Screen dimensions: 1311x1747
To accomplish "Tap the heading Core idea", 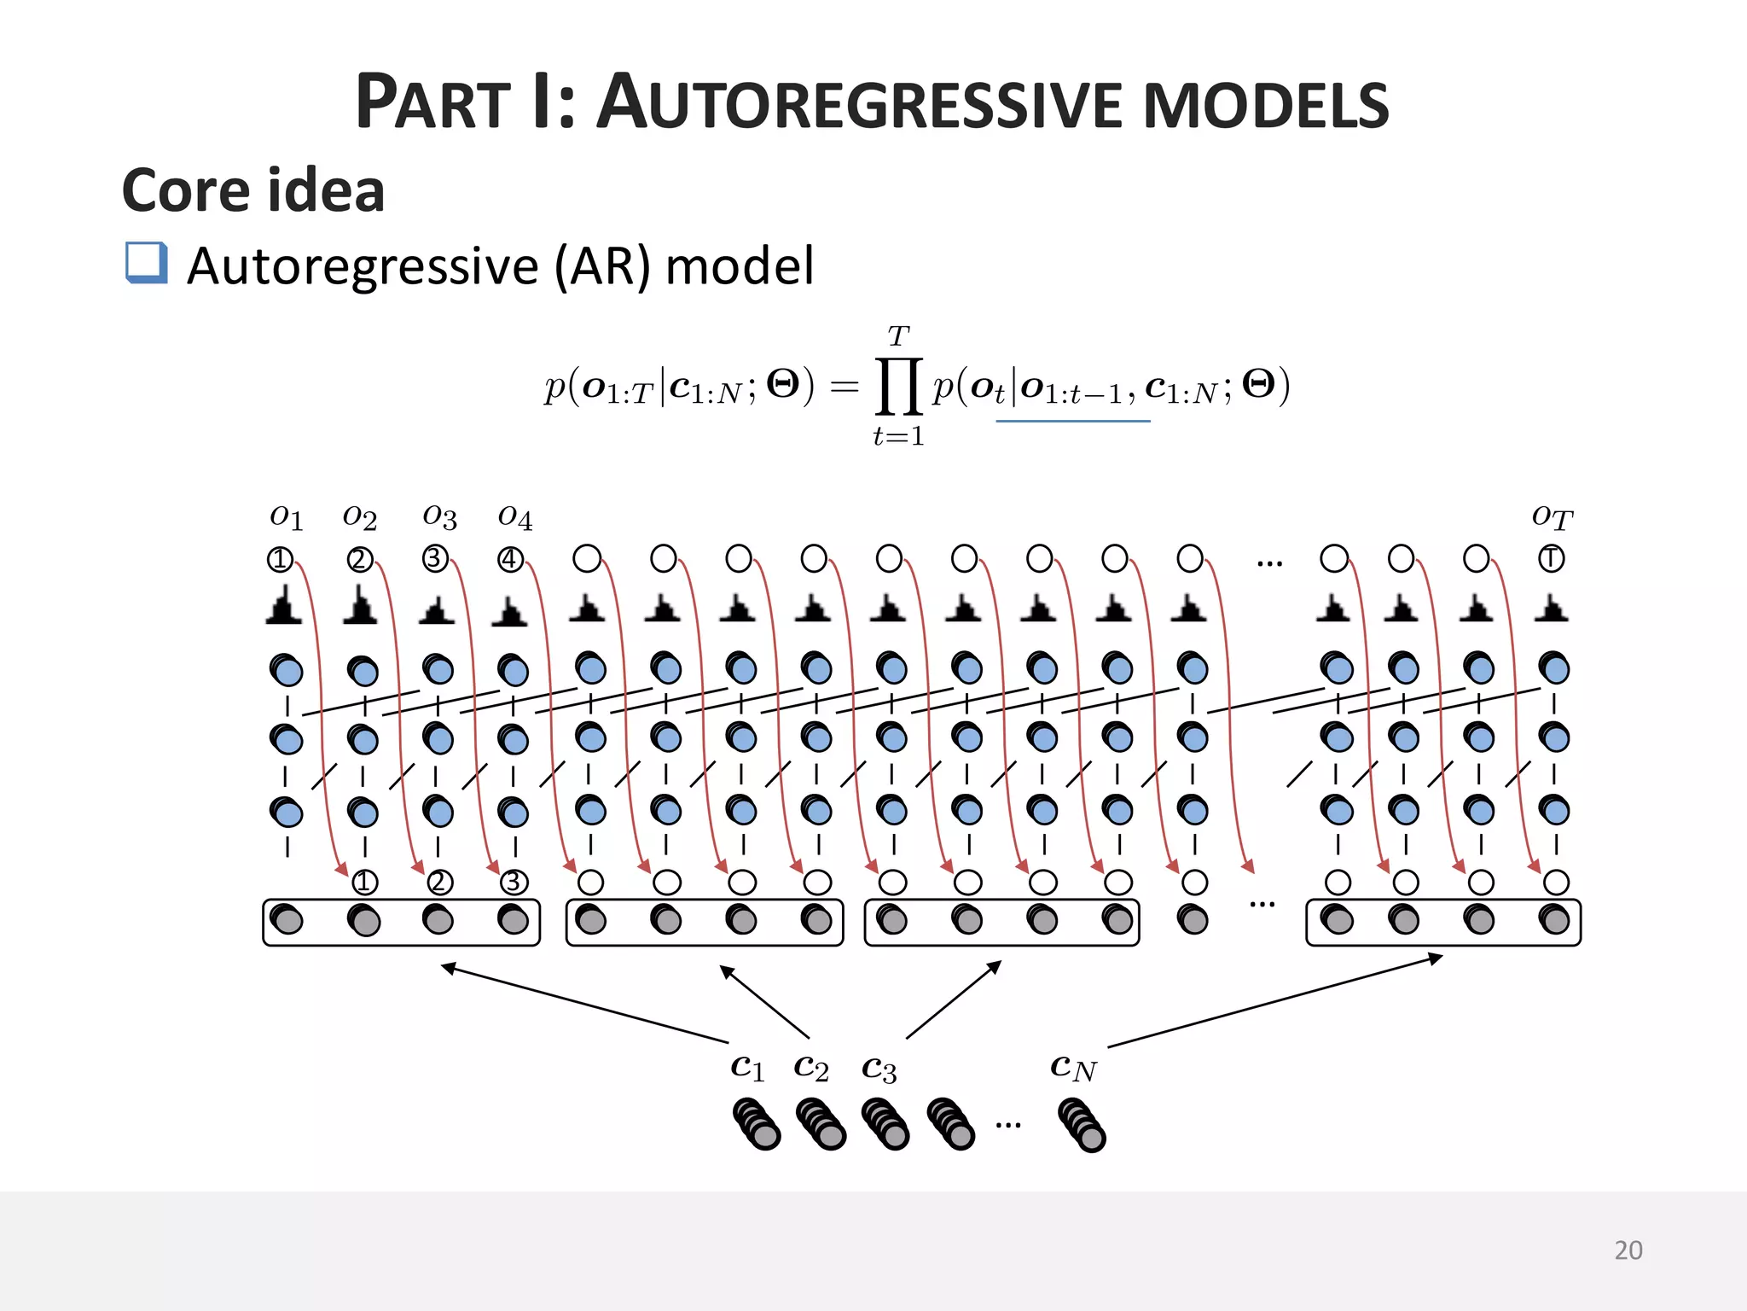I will click(253, 190).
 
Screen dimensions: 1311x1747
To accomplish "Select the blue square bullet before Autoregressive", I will click(146, 262).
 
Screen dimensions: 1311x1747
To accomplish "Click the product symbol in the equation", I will click(898, 386).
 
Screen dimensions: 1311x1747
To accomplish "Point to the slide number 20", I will click(1628, 1250).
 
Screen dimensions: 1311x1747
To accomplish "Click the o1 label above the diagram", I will click(286, 516).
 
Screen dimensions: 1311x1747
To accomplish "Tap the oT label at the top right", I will click(1552, 516).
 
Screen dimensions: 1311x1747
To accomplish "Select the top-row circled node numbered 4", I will click(510, 559).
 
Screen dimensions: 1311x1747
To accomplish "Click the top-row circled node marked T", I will click(1552, 559).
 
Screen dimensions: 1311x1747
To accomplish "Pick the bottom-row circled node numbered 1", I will click(364, 882).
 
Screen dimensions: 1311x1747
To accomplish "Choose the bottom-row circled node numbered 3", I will click(514, 882).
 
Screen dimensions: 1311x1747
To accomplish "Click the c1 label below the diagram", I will click(747, 1067).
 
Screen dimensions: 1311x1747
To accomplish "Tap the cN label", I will click(1073, 1067).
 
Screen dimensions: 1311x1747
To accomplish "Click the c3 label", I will click(879, 1069).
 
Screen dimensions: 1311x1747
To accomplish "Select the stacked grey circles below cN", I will click(1082, 1125).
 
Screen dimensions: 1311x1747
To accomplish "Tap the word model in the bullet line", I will click(740, 265).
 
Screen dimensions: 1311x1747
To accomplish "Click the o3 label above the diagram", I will click(439, 516).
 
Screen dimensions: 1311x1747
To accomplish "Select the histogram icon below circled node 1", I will click(284, 606).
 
